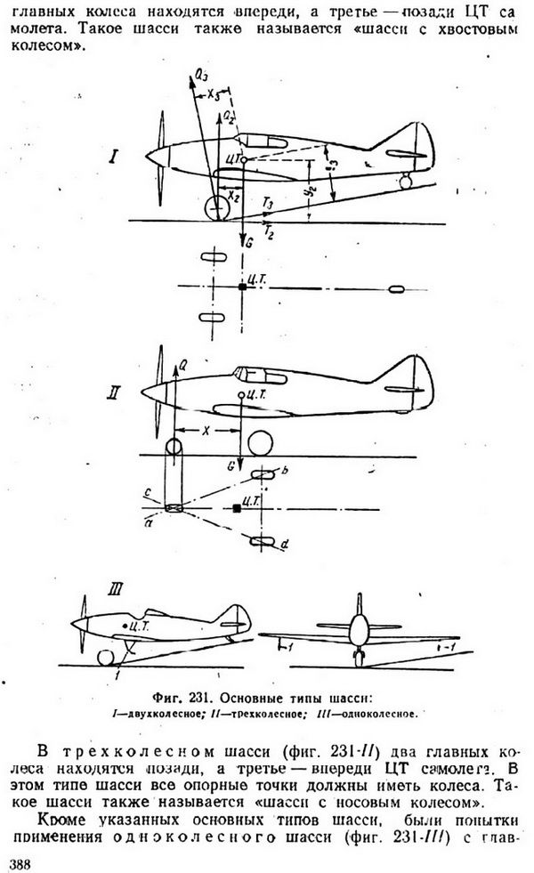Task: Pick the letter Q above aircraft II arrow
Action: (x=182, y=363)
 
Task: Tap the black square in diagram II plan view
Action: (x=236, y=508)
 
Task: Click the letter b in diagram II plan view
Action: (x=283, y=469)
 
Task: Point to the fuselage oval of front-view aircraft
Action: (x=358, y=628)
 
